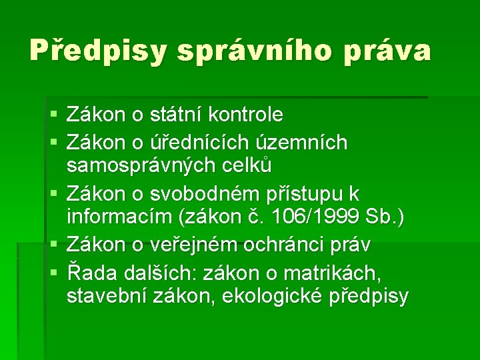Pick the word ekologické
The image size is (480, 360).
pos(266,295)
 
